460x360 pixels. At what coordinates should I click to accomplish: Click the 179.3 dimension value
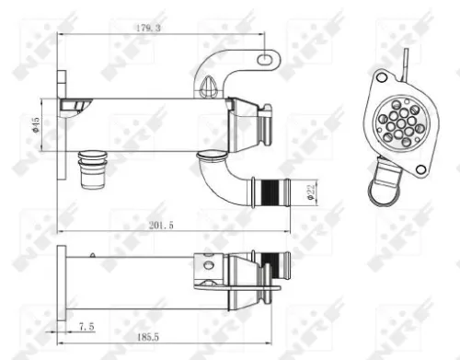[150, 29]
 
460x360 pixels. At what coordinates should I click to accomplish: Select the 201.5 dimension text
[163, 224]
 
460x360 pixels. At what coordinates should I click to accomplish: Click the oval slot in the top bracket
[267, 59]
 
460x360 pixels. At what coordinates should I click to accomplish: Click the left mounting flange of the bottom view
[62, 283]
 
